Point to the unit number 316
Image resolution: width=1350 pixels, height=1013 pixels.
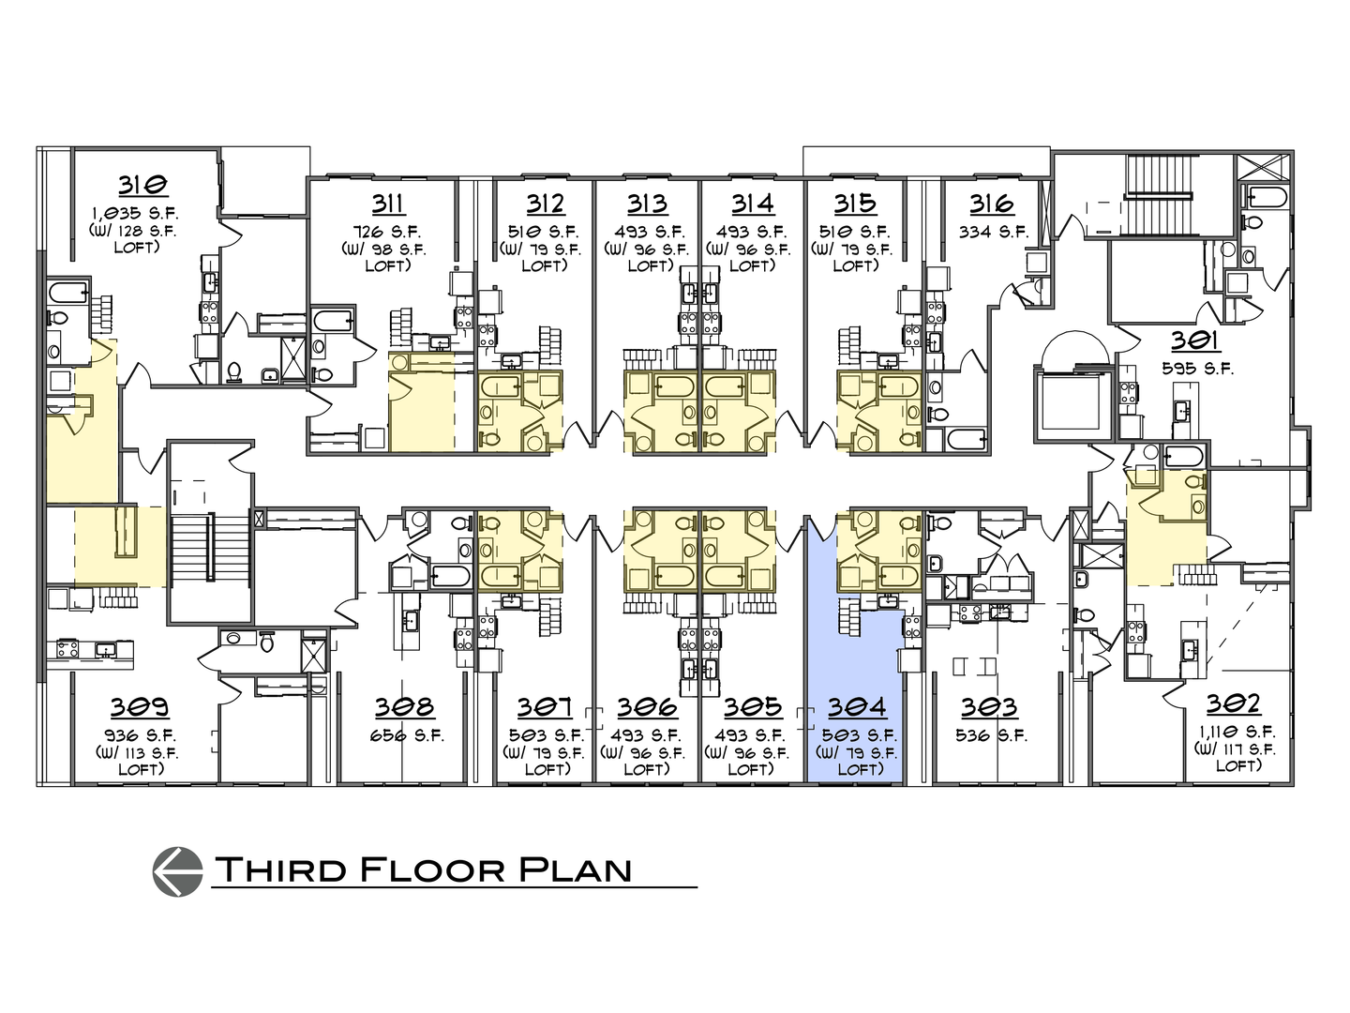pos(992,204)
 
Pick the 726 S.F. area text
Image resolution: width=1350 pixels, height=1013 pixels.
pos(386,231)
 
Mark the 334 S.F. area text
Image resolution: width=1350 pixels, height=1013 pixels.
pos(993,232)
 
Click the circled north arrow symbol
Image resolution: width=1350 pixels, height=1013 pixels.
pos(177,869)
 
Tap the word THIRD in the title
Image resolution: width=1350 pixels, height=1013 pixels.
pos(282,869)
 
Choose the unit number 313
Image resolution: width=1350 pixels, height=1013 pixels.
pos(647,204)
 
